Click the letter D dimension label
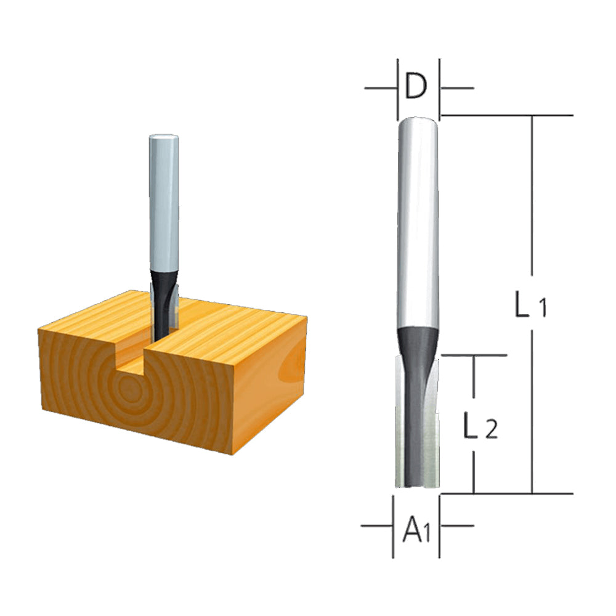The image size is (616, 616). click(417, 88)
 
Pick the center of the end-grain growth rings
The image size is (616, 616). click(130, 389)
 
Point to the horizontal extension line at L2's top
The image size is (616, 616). click(474, 355)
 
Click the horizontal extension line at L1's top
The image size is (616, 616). click(505, 115)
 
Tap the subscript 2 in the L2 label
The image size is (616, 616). click(491, 431)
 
